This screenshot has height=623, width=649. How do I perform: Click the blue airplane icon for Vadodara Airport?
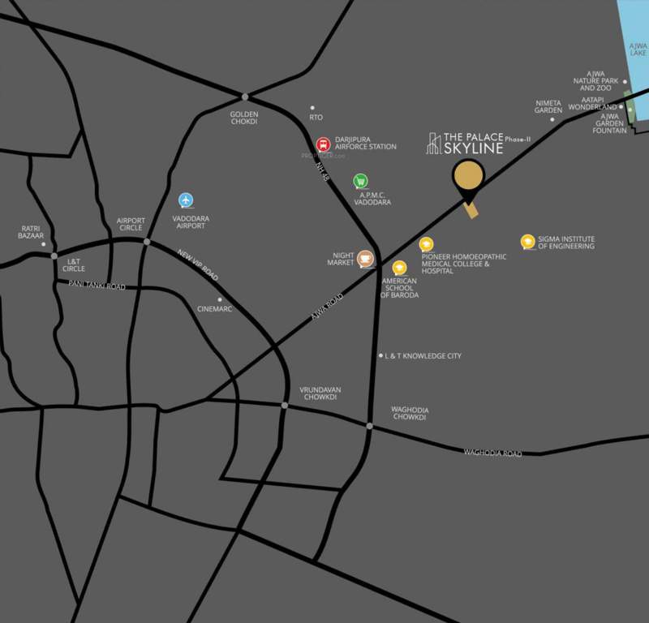coord(187,200)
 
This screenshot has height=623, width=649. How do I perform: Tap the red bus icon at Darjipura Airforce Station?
coord(322,143)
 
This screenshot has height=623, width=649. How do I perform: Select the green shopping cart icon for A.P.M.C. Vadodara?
coord(360,182)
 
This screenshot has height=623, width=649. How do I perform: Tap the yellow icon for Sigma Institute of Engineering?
coord(527,242)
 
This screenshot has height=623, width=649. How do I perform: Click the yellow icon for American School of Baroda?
coord(398,268)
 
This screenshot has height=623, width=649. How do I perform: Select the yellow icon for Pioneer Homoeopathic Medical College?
coord(426,244)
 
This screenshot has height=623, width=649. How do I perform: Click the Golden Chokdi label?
coord(244,117)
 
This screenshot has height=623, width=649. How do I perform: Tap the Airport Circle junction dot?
coord(147,242)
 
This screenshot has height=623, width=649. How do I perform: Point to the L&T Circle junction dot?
coord(54,256)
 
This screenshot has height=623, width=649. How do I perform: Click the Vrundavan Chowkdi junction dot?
coord(285,405)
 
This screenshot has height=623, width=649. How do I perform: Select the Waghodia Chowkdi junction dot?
coord(369,426)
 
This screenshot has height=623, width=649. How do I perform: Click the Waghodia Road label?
coord(492,453)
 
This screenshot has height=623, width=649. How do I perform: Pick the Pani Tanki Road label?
coord(97,285)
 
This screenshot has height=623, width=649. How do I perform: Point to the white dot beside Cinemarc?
coord(220,299)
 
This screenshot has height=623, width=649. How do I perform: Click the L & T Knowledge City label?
coord(423,356)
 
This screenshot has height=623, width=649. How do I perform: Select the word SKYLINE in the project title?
coord(473,148)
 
